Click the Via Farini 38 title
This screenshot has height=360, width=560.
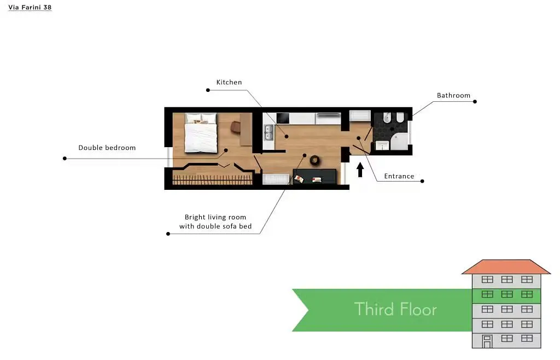[30, 7]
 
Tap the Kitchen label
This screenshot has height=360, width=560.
[229, 82]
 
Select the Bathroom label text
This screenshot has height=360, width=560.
[453, 95]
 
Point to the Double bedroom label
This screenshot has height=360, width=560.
[107, 148]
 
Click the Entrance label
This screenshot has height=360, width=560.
[399, 176]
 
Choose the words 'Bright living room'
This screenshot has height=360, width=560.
[215, 217]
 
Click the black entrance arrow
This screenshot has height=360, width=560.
[360, 170]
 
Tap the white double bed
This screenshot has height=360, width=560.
[201, 133]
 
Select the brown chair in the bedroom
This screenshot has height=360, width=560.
[236, 127]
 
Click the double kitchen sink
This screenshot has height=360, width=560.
[269, 133]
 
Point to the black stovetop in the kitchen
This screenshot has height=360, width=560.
[283, 118]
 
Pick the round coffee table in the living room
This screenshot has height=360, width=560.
[314, 160]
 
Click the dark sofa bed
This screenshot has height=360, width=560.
[314, 177]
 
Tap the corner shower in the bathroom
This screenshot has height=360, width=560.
[399, 142]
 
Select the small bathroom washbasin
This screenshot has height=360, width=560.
[382, 146]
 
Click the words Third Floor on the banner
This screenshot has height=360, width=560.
[395, 309]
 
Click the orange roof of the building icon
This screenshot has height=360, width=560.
[506, 267]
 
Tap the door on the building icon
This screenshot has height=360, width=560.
[487, 341]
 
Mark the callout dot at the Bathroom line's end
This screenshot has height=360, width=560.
[475, 102]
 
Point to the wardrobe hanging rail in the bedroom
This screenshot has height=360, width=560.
[213, 179]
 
